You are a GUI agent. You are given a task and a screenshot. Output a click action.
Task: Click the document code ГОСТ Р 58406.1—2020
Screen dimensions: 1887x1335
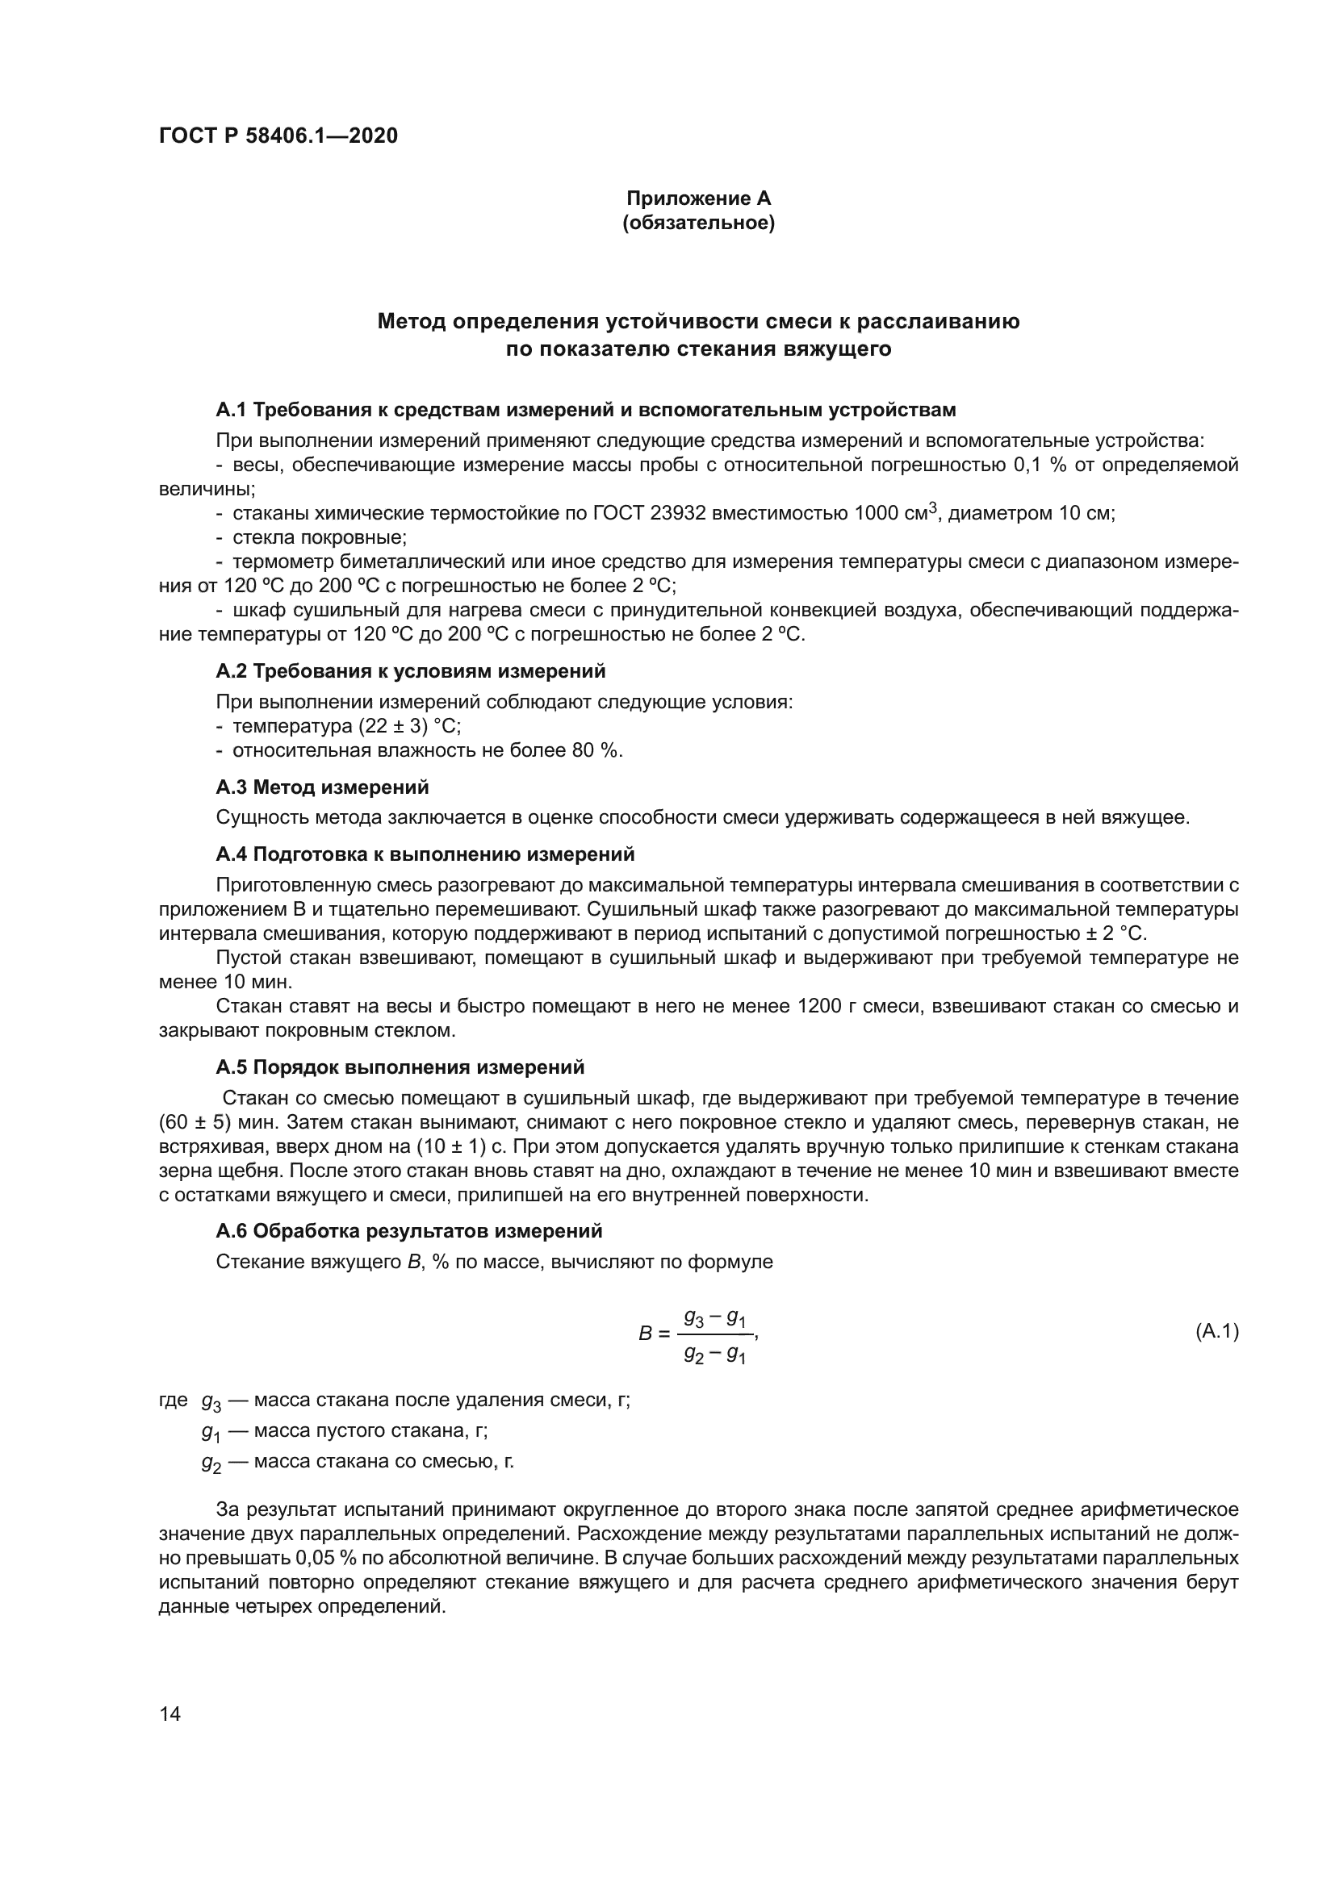pyautogui.click(x=278, y=136)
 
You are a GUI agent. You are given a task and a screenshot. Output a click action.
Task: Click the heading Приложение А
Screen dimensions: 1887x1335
pyautogui.click(x=699, y=198)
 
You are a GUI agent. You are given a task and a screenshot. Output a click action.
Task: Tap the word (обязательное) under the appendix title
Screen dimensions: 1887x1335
pyautogui.click(x=699, y=223)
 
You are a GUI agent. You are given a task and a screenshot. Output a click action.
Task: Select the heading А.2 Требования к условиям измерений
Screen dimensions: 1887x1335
pyautogui.click(x=410, y=671)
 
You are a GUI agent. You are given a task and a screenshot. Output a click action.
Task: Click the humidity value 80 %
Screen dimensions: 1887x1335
pyautogui.click(x=596, y=750)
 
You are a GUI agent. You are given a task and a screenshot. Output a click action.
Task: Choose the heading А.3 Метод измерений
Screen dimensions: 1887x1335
pyautogui.click(x=322, y=787)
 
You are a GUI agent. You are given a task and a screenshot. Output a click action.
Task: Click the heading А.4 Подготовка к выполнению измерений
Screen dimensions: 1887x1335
pyautogui.click(x=425, y=854)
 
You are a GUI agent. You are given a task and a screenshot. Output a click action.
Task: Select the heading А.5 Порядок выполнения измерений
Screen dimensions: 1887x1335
pyautogui.click(x=400, y=1067)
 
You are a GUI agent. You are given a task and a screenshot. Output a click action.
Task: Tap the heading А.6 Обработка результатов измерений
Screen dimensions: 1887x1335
pyautogui.click(x=408, y=1231)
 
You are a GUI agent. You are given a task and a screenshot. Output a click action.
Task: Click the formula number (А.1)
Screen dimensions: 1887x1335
pyautogui.click(x=1216, y=1331)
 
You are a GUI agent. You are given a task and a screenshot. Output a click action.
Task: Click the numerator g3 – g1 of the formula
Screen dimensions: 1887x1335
pyautogui.click(x=714, y=1318)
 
